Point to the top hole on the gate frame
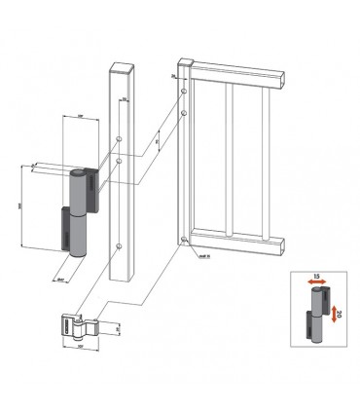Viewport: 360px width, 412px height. [x=182, y=92]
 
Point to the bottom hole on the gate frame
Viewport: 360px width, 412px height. [x=183, y=237]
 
